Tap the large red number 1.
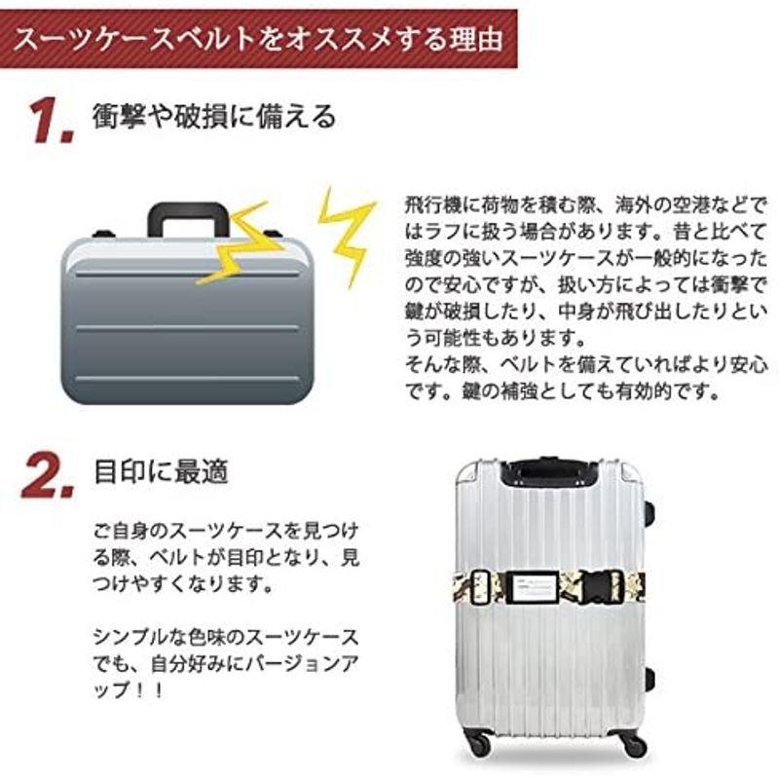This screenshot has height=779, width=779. point(49,119)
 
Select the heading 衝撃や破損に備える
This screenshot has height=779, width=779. point(214,117)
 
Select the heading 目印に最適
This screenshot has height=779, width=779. point(161,471)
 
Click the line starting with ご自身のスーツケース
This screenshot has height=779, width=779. point(226,532)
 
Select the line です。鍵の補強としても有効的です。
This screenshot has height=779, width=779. point(562,392)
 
